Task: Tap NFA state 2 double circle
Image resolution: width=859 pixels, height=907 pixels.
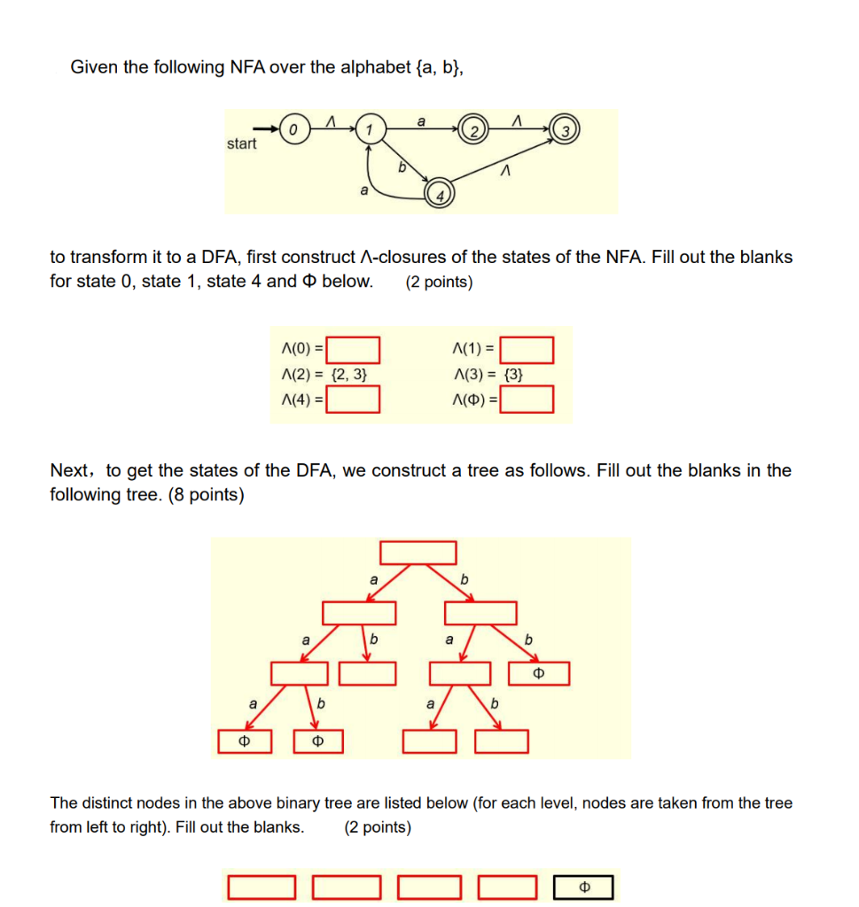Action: (x=474, y=130)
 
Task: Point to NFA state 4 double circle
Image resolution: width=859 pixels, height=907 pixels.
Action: (x=439, y=193)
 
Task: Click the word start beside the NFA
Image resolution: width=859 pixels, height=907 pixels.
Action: (x=241, y=143)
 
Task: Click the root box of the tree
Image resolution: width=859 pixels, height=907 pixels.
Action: (x=418, y=553)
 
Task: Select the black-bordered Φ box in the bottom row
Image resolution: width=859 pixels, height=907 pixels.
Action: (x=583, y=887)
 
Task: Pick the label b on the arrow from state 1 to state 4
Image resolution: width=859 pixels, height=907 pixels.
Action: (x=401, y=166)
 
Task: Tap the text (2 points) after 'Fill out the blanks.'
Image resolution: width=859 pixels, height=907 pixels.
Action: (x=377, y=827)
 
